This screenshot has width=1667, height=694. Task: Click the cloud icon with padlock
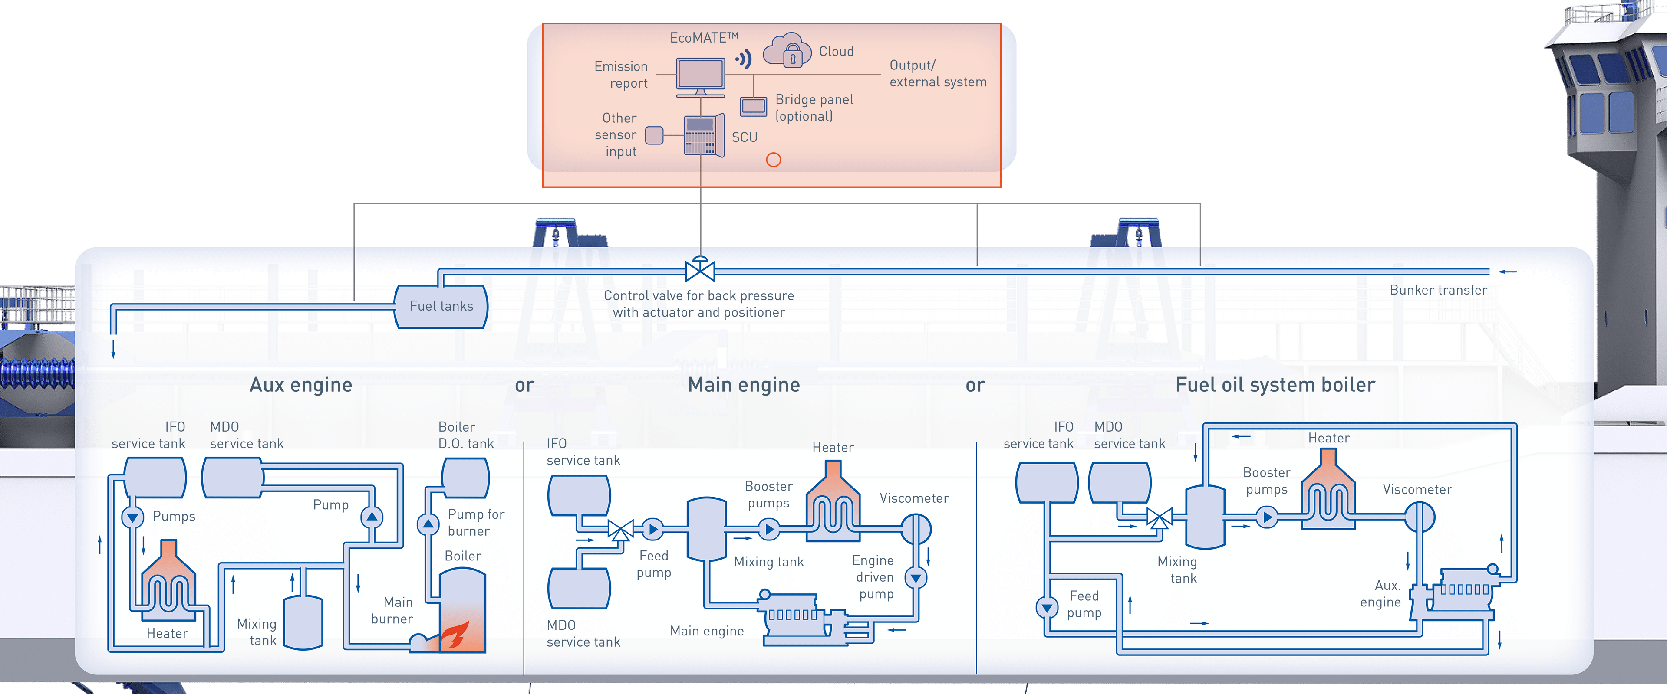click(x=787, y=50)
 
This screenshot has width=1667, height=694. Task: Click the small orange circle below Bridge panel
click(x=773, y=160)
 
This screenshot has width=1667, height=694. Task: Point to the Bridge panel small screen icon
click(x=753, y=105)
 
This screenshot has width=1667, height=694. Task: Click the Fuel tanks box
click(x=441, y=306)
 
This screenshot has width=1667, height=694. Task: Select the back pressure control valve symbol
click(x=699, y=270)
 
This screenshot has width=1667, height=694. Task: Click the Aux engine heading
click(x=301, y=385)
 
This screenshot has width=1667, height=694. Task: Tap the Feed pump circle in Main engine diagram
click(x=652, y=530)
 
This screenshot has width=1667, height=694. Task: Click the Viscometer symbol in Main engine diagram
click(x=916, y=529)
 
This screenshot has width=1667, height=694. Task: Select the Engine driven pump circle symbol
click(x=916, y=578)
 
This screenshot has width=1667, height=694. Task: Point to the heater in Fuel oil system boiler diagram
click(x=1328, y=491)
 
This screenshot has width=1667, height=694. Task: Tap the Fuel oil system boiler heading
click(x=1275, y=385)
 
